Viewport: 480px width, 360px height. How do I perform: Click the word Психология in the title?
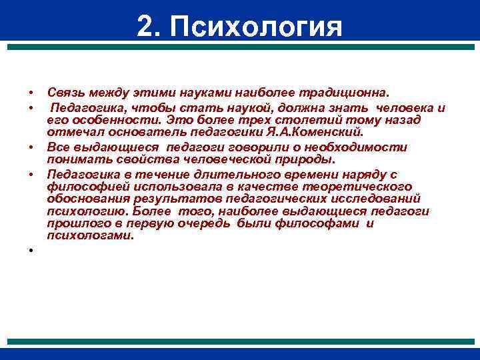click(256, 27)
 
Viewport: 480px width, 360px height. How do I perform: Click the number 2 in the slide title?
click(146, 27)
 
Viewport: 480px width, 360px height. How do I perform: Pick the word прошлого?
click(75, 224)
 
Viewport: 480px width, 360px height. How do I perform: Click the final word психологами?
click(90, 235)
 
